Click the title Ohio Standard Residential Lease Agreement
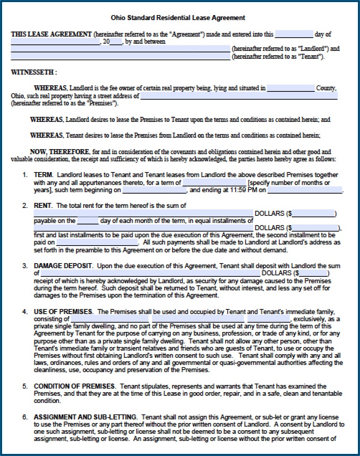pos(178,18)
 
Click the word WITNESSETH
pos(32,72)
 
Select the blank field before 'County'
pos(290,88)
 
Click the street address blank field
pos(238,96)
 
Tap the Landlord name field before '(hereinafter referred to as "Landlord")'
pos(120,49)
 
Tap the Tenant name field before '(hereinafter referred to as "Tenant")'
pos(120,57)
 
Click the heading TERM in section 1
pos(43,175)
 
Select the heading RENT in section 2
pos(43,206)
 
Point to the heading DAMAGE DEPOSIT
pos(63,266)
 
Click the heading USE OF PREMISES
pos(63,312)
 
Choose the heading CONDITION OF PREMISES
pos(75,386)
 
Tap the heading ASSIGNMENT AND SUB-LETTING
pos(85,417)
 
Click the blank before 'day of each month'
pos(87,221)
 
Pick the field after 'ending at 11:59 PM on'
pos(305,190)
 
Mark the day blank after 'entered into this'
pos(294,35)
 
